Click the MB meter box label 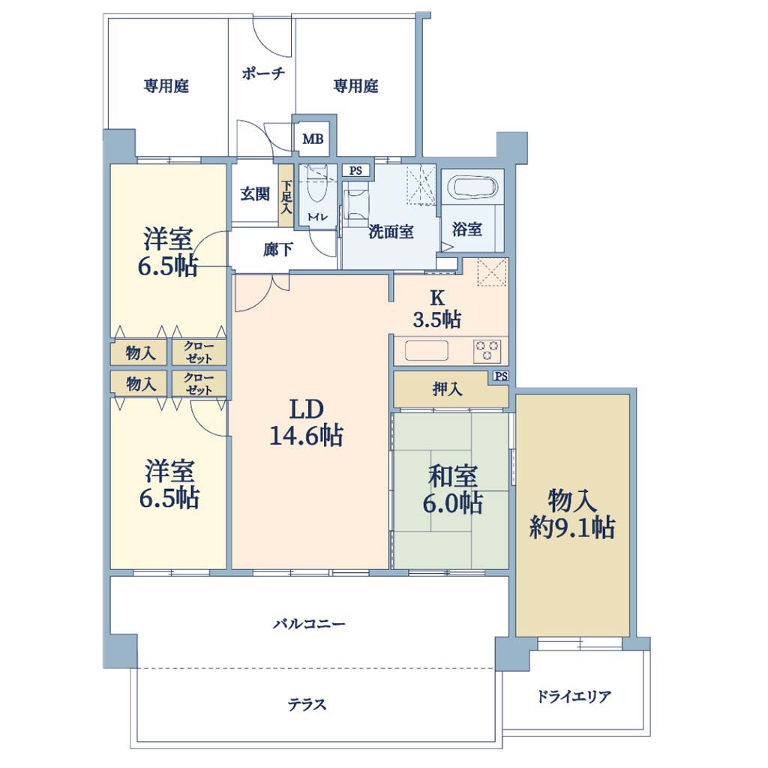tap(313, 139)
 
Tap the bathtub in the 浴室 tap(475, 187)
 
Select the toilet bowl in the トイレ tap(317, 188)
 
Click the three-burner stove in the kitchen tap(487, 350)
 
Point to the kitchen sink tap(426, 351)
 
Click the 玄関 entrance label tap(255, 194)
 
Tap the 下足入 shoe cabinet tap(286, 196)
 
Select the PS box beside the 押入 tap(501, 376)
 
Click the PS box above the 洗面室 tap(356, 170)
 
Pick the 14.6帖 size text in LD tap(307, 436)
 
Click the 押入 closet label tap(447, 389)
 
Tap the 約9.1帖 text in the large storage tap(572, 527)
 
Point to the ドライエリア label tap(574, 696)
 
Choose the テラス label tap(307, 704)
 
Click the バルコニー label tap(309, 623)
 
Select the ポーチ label tap(263, 73)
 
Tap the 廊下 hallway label tap(278, 250)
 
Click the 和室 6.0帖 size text tap(453, 503)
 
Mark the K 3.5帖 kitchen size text tap(437, 319)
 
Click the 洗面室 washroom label tap(391, 231)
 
